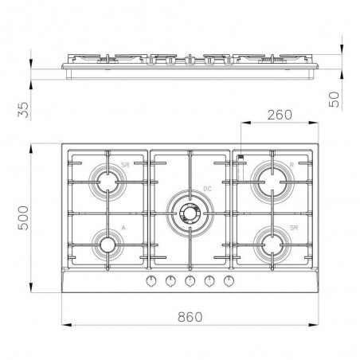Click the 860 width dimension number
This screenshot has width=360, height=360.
click(x=190, y=317)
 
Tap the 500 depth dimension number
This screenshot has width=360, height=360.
click(x=23, y=217)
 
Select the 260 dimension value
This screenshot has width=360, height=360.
click(x=280, y=115)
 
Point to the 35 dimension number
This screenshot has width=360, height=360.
click(x=23, y=110)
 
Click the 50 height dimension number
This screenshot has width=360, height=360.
click(x=334, y=100)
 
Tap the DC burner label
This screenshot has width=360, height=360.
click(x=207, y=189)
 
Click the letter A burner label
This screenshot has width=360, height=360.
click(x=123, y=228)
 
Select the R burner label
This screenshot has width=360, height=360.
click(x=292, y=165)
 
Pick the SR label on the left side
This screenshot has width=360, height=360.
click(x=125, y=165)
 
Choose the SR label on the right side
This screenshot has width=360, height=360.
click(x=294, y=228)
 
